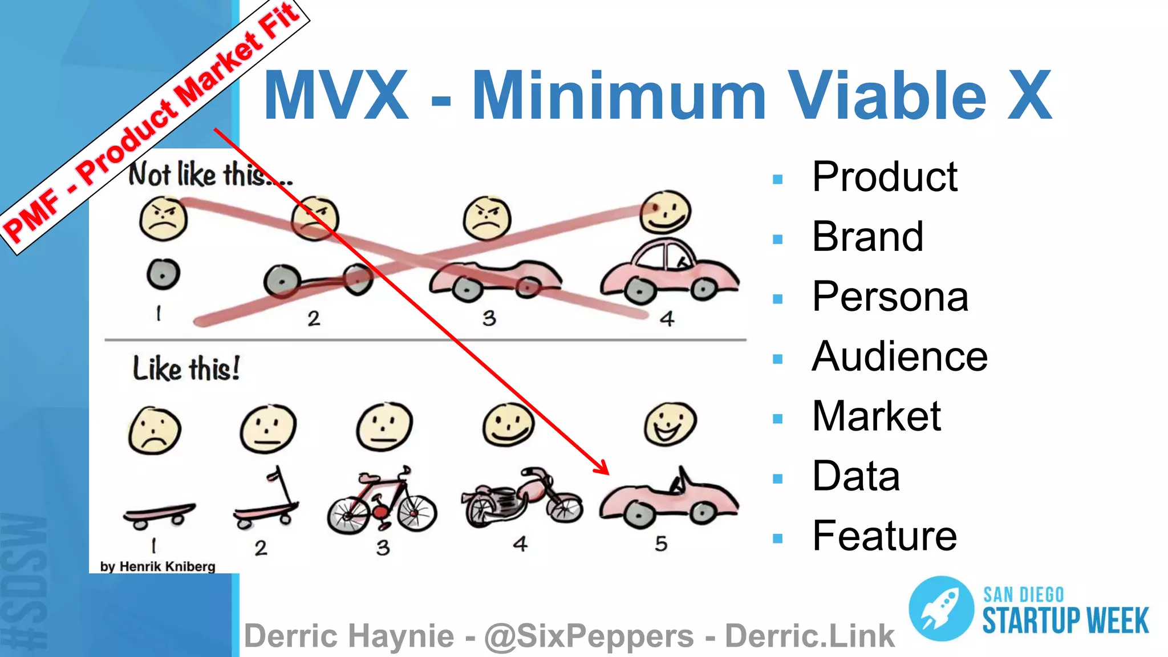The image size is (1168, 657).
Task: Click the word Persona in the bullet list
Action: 890,297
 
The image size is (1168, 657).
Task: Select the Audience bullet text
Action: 899,357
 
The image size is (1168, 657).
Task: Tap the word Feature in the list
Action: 884,536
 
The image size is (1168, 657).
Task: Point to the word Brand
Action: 867,237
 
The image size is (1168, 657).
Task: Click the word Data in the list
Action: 855,476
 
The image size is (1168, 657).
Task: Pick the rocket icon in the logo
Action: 941,609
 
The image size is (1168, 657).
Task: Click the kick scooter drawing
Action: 266,502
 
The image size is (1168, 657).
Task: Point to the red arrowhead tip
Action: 608,473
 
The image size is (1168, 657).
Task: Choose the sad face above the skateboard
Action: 155,431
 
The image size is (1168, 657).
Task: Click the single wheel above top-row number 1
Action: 163,274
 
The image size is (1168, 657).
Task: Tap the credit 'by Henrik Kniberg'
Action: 157,566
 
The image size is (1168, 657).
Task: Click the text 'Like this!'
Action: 186,368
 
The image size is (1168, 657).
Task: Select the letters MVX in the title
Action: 336,95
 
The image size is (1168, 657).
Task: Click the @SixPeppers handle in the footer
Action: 589,636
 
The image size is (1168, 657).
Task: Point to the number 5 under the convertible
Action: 661,544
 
